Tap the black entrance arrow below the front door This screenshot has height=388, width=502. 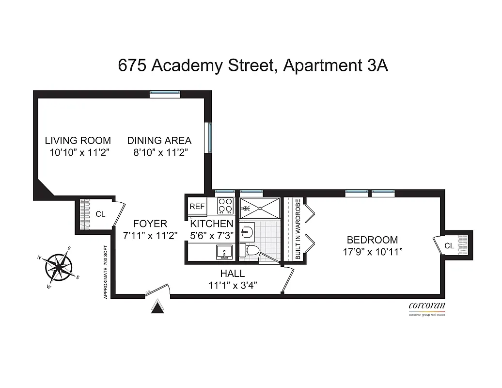click(x=157, y=307)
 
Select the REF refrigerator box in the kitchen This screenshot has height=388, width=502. click(x=197, y=206)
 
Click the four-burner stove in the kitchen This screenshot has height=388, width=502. click(x=225, y=206)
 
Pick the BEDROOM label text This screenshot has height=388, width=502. click(x=372, y=240)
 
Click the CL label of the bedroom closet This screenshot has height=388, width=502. click(x=449, y=246)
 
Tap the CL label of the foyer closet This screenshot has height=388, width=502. click(x=100, y=213)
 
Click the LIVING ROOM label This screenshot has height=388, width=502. click(x=78, y=141)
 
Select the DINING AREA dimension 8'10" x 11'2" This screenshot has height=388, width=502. click(x=160, y=153)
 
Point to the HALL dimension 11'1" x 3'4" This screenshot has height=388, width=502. click(x=233, y=286)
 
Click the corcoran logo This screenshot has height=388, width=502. click(x=426, y=306)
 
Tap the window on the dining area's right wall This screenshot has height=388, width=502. click(x=209, y=137)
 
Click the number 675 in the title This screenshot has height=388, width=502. click(x=133, y=65)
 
